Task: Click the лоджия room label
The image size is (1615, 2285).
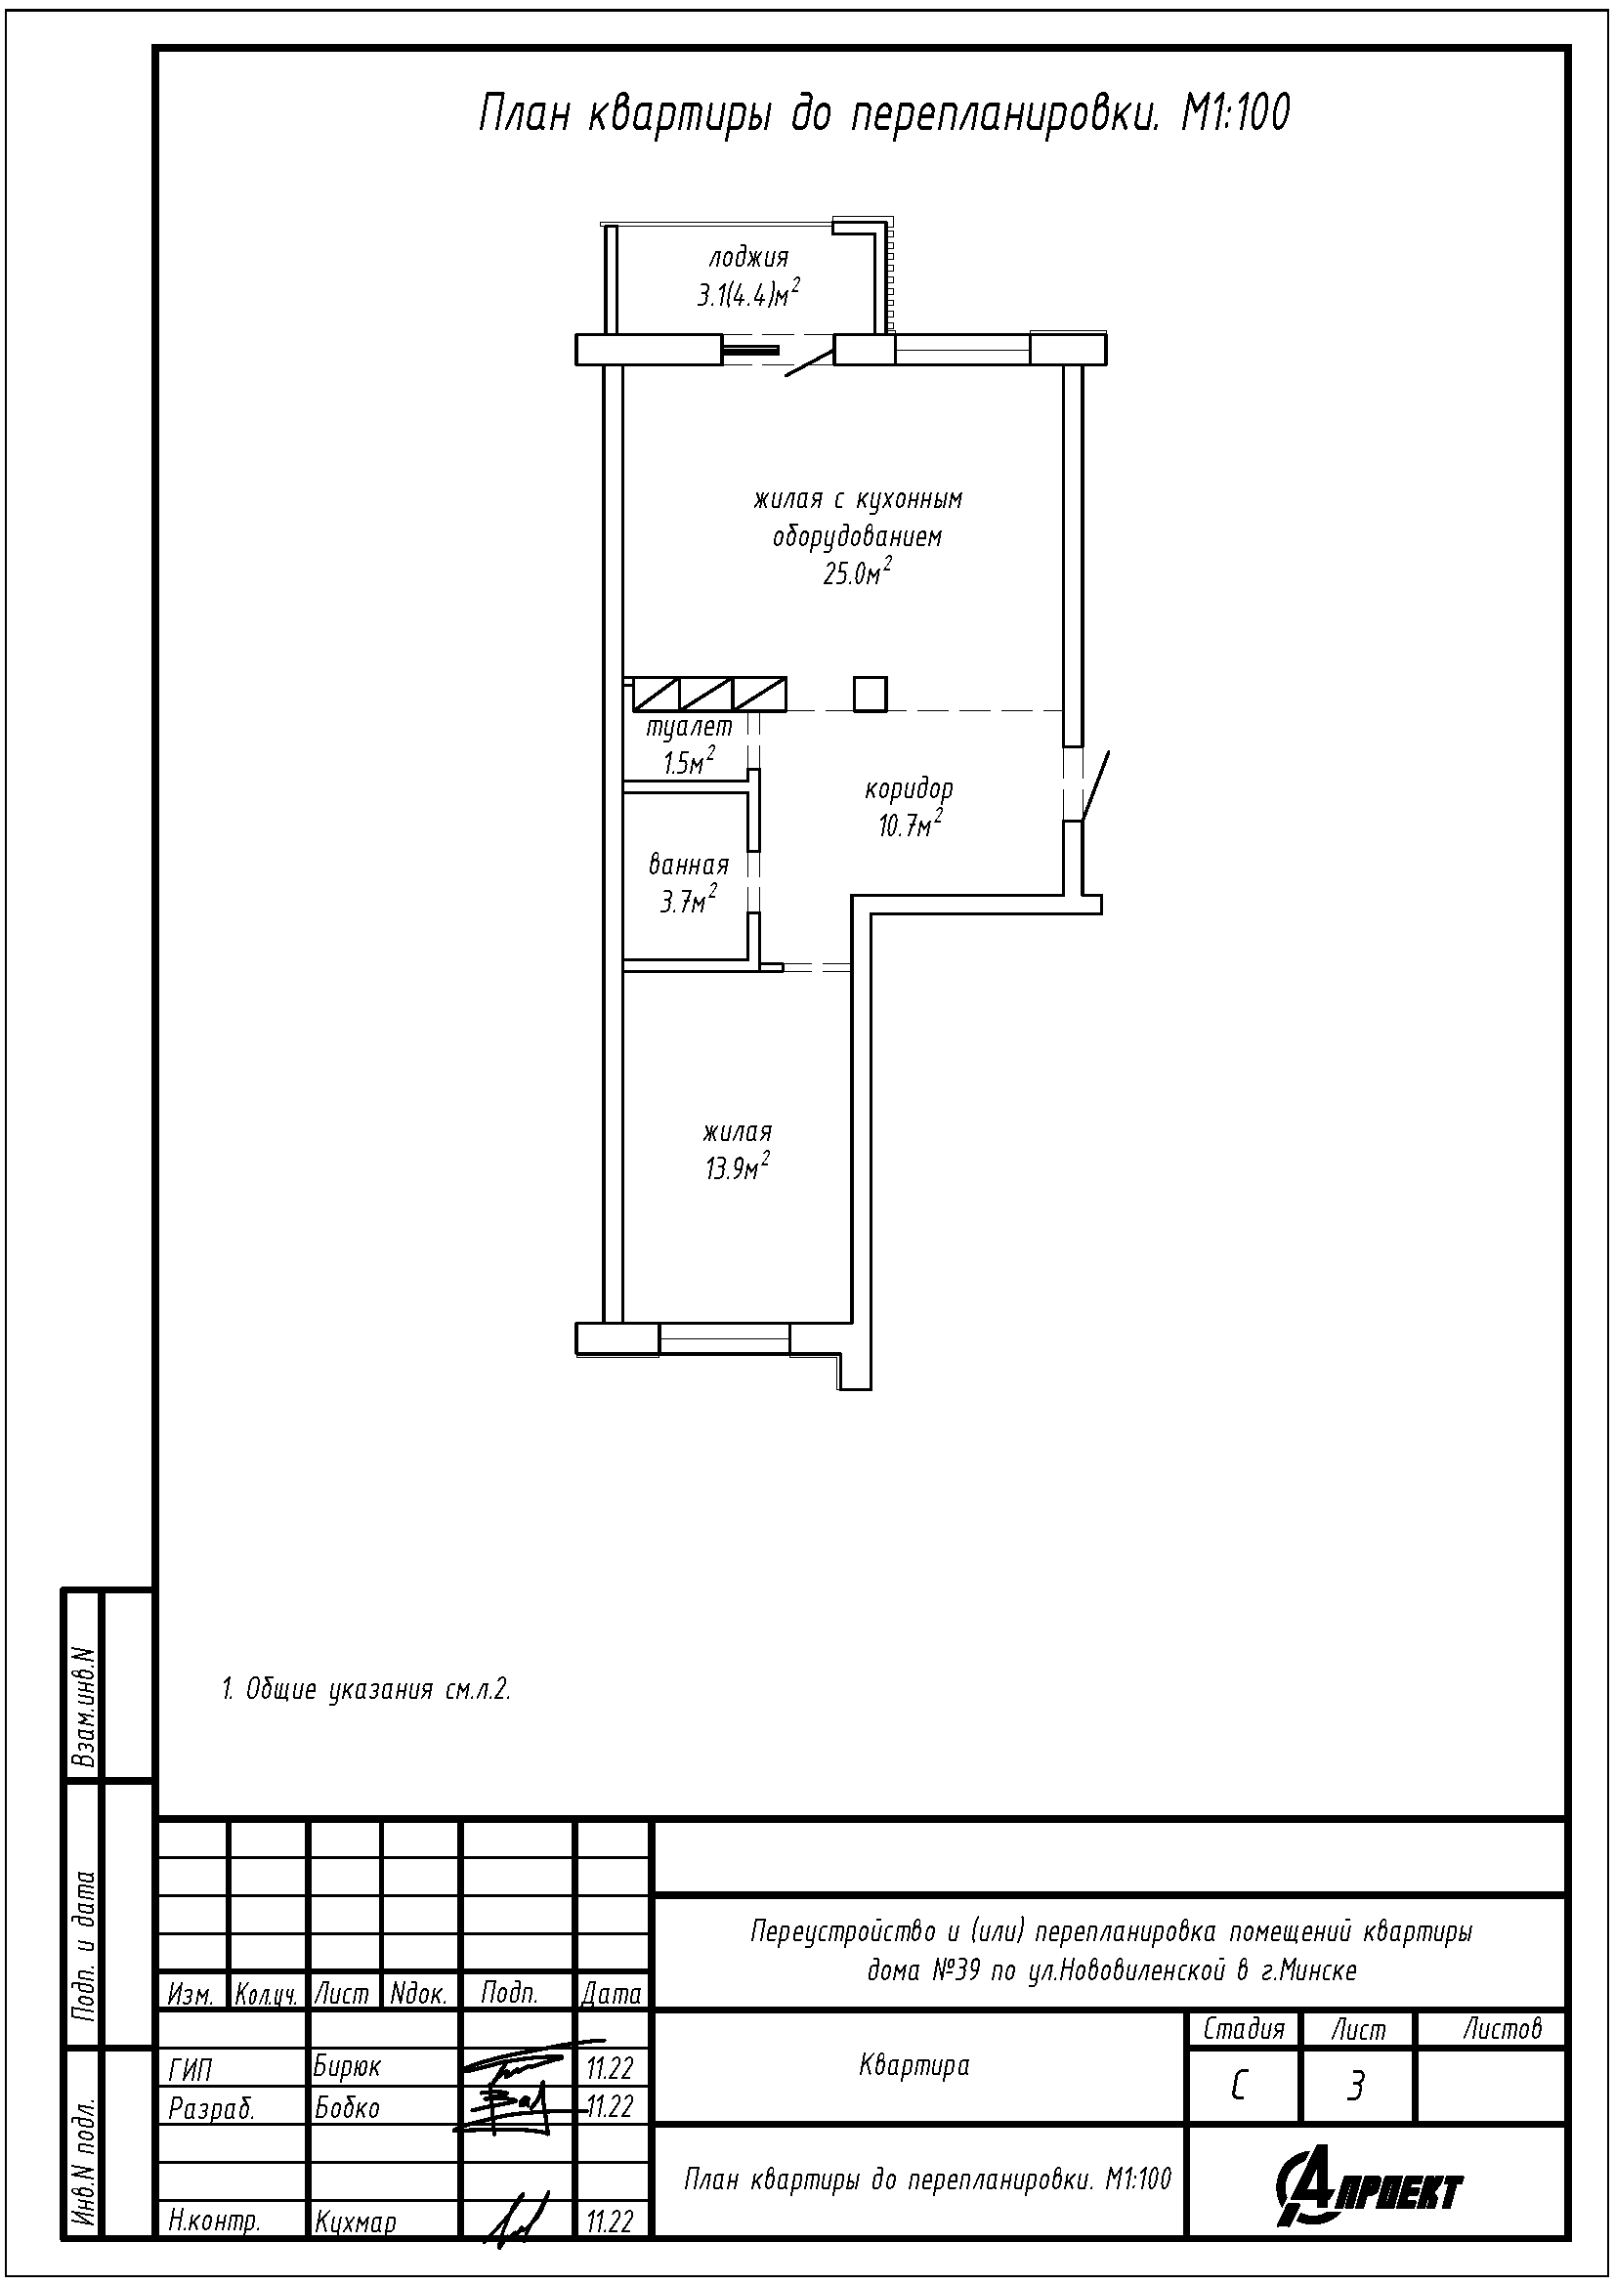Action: [748, 258]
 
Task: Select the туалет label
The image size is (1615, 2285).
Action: [689, 728]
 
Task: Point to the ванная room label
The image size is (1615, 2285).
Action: [689, 865]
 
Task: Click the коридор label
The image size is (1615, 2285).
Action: [909, 789]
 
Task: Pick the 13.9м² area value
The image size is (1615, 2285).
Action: [738, 1167]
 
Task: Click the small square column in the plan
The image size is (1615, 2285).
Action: [870, 694]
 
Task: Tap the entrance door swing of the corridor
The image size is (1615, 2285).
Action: [1093, 787]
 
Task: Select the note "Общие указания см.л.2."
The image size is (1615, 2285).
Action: [365, 1690]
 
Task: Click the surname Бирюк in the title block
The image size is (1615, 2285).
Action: [346, 2066]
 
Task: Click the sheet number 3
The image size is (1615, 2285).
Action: [1354, 2085]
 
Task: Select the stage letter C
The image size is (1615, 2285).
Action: [1238, 2085]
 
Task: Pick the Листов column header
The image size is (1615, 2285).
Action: [1501, 2028]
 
